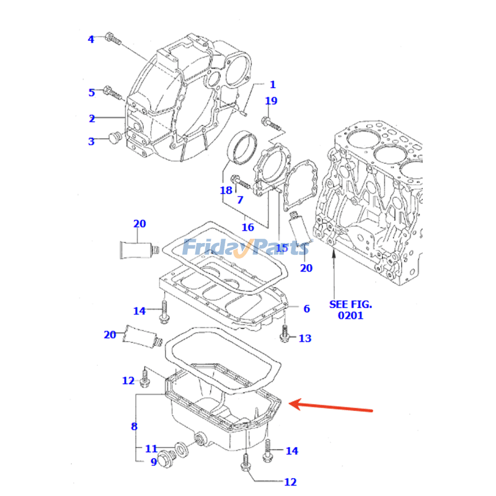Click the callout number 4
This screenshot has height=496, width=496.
click(x=91, y=39)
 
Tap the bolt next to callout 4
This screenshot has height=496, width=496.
click(x=112, y=37)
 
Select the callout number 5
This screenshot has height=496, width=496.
click(x=91, y=92)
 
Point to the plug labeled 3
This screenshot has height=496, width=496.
click(x=113, y=138)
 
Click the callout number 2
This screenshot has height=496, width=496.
click(x=91, y=118)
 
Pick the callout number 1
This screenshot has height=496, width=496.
click(x=272, y=85)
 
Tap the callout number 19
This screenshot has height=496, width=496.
click(x=272, y=101)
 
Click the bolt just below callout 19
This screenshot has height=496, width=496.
click(x=272, y=123)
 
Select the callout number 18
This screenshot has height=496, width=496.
click(x=226, y=190)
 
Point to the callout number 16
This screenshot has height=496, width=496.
click(x=247, y=228)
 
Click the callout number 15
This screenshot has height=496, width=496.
click(x=281, y=248)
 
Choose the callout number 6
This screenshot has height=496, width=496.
click(x=306, y=308)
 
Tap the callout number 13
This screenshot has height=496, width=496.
click(x=305, y=339)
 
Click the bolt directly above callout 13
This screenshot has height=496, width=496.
click(x=285, y=332)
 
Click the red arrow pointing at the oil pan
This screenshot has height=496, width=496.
click(x=332, y=407)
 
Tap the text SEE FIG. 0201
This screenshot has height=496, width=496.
click(x=350, y=309)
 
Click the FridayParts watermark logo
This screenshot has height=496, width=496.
click(x=245, y=248)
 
